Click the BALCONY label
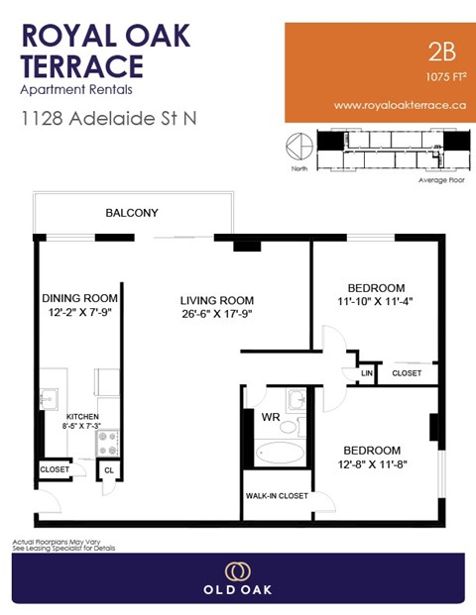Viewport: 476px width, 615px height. (132, 213)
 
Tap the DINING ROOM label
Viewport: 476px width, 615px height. (79, 299)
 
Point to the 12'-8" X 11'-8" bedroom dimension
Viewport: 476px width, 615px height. (372, 463)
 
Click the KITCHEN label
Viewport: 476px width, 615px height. (82, 418)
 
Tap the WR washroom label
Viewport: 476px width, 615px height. (270, 418)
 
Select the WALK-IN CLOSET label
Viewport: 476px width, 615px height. (277, 496)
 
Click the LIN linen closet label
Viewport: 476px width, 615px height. (367, 373)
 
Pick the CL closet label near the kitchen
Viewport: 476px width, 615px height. (109, 469)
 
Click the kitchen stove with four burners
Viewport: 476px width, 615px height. (109, 439)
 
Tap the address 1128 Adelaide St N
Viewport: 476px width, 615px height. (109, 119)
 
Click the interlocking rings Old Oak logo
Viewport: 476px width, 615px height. (238, 571)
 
